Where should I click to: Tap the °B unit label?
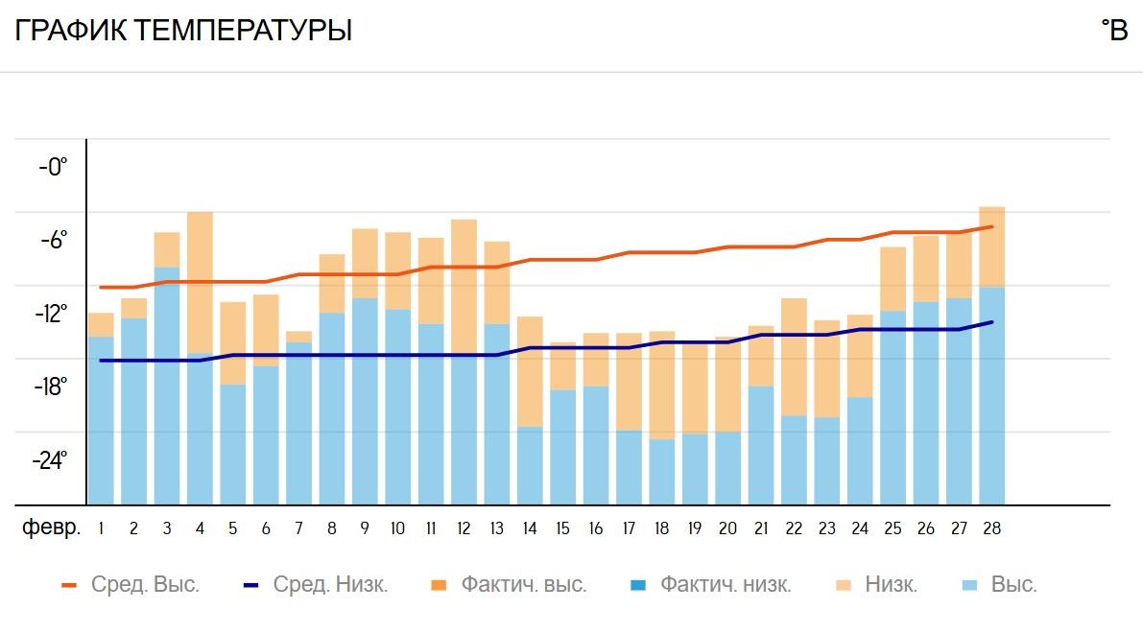(1114, 32)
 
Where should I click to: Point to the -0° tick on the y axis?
(54, 167)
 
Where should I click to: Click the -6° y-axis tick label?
(54, 240)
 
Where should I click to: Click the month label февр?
(51, 528)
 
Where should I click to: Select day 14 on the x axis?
(530, 528)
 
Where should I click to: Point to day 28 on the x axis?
(991, 528)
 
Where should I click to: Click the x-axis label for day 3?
(167, 528)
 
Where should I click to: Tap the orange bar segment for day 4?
(200, 282)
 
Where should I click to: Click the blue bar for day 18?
(662, 472)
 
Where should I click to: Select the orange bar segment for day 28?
(991, 246)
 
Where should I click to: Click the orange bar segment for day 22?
(794, 357)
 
